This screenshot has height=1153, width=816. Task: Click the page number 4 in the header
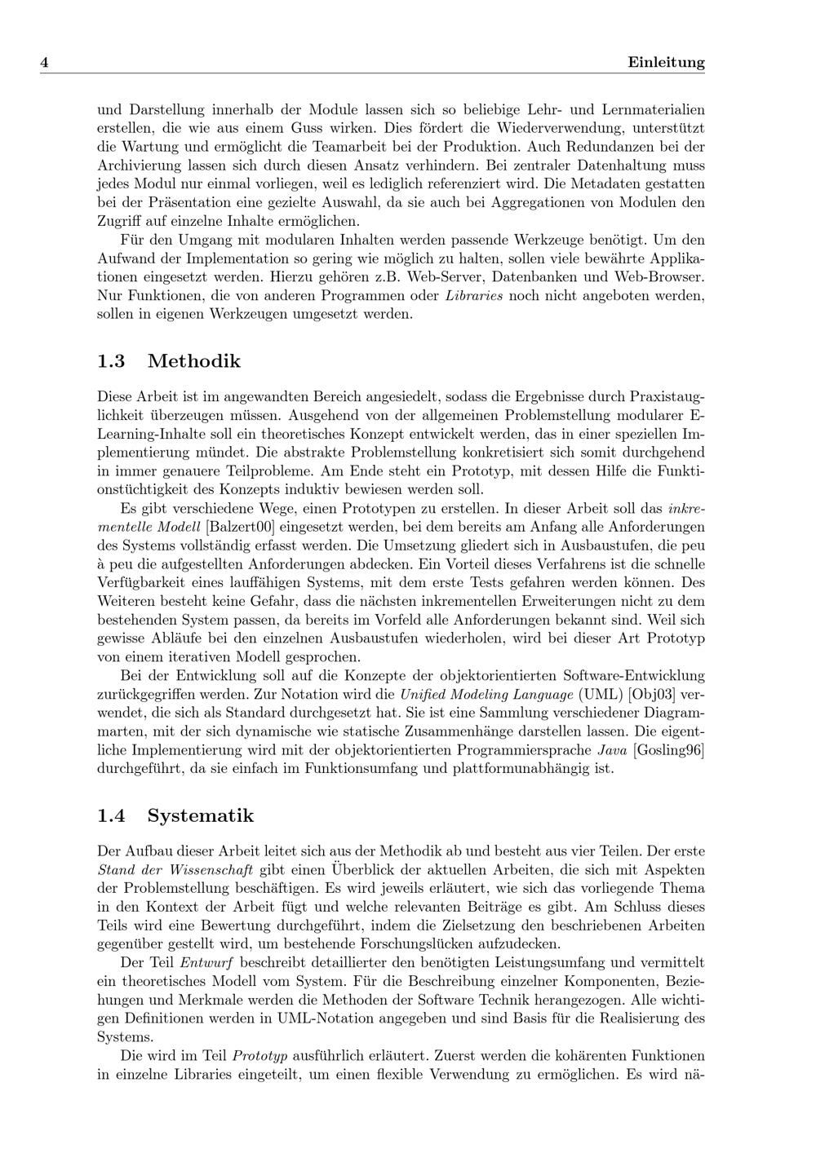coord(45,63)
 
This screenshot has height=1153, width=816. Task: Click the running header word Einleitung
coord(666,63)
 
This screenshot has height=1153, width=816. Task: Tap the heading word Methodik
coord(194,360)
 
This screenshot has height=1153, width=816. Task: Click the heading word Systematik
coord(201,815)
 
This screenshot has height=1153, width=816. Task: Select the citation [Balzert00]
coord(240,527)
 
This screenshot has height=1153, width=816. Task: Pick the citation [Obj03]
coord(651,695)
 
